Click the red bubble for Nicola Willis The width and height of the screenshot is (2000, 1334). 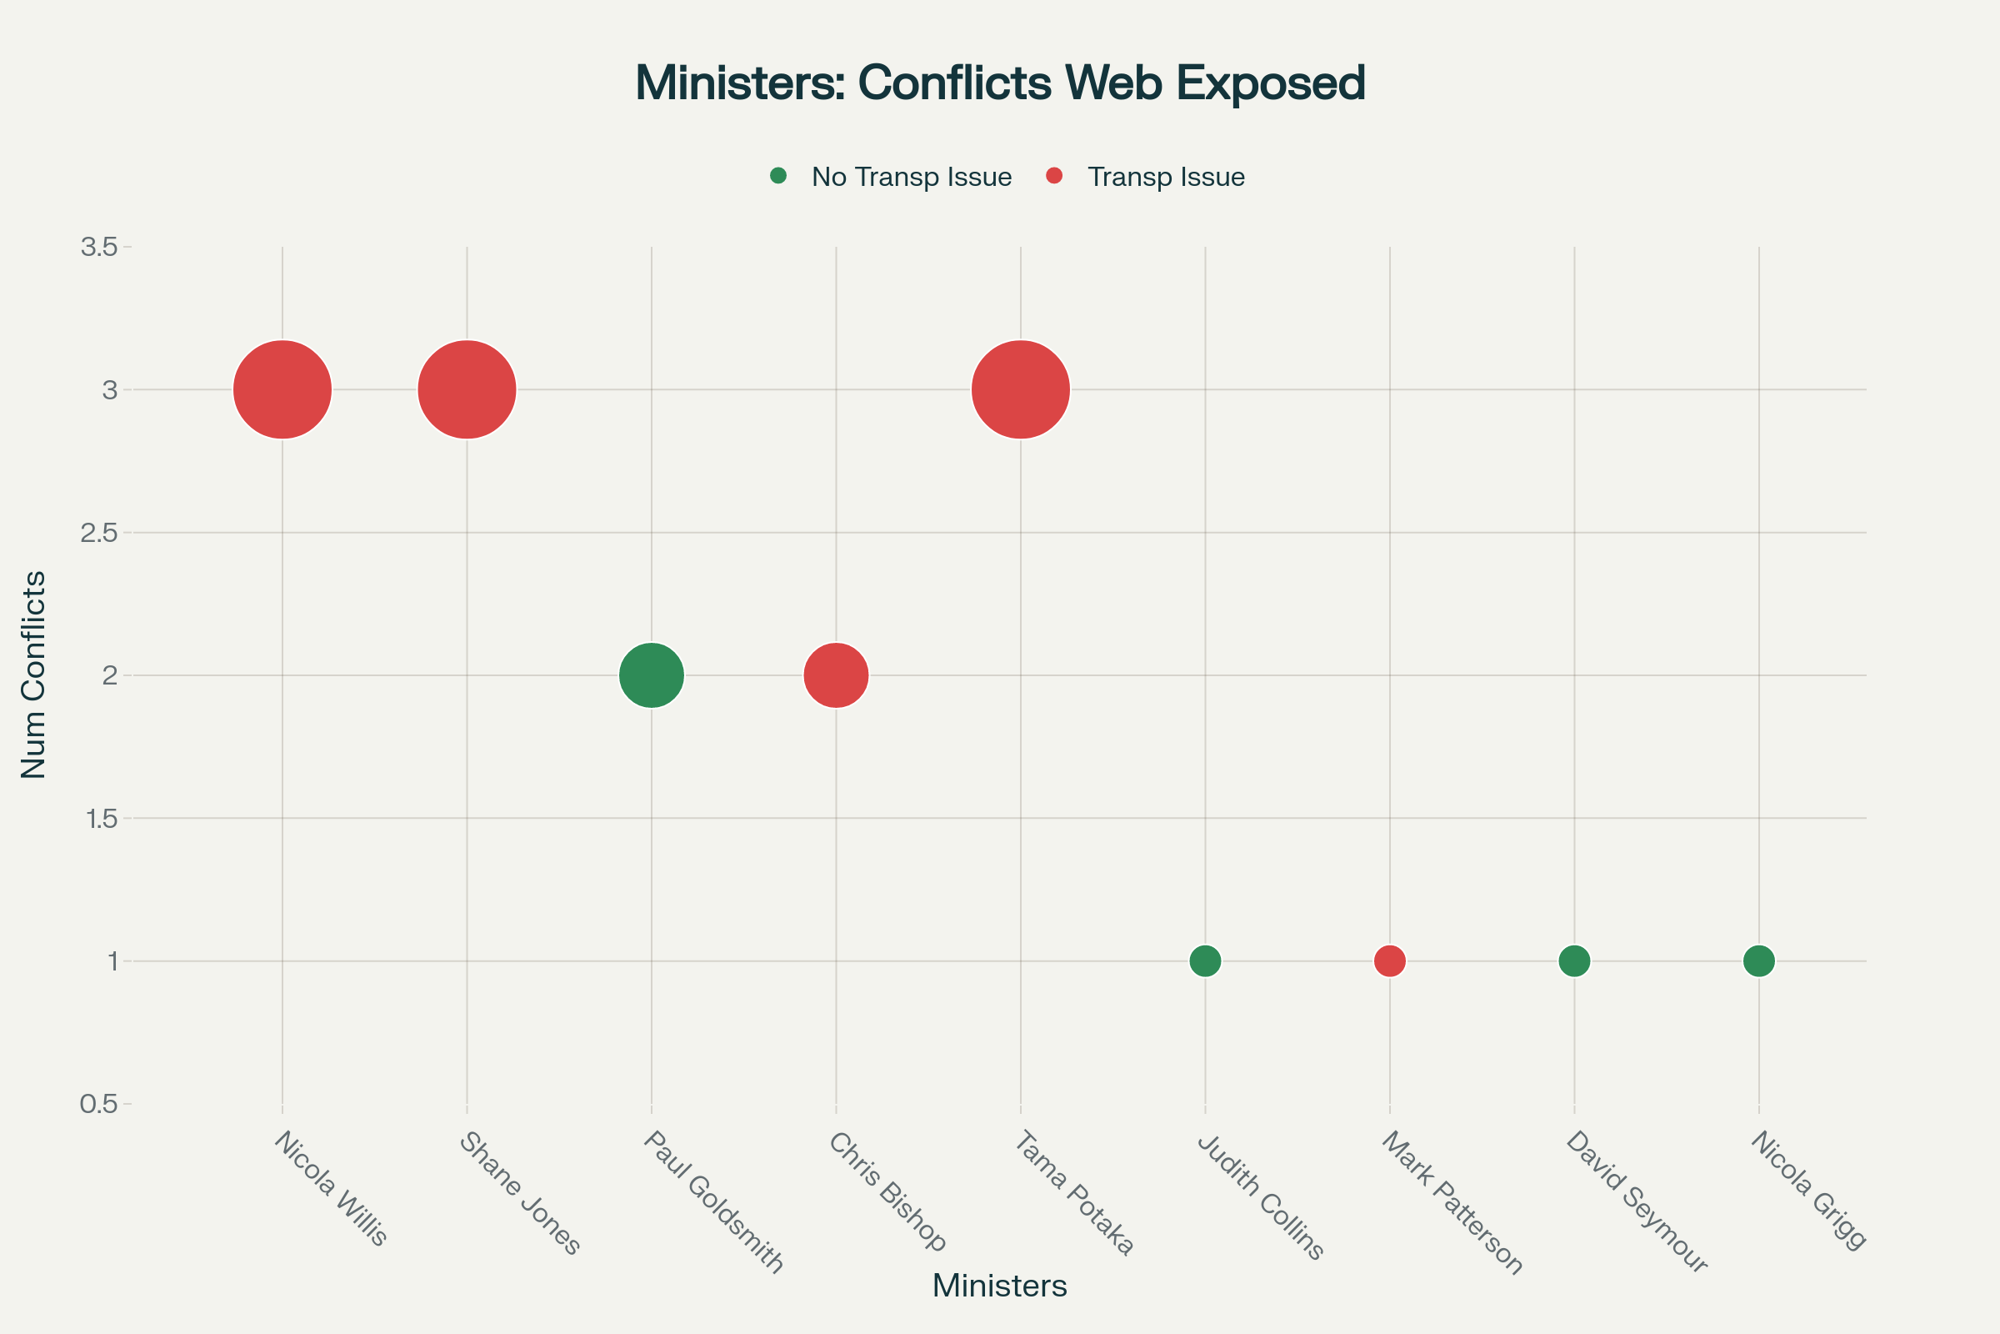(282, 389)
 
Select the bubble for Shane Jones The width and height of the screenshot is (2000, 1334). (467, 389)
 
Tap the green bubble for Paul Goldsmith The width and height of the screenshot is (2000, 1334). (652, 675)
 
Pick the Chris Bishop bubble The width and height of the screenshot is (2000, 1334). (836, 675)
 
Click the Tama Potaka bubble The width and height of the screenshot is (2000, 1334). (1020, 389)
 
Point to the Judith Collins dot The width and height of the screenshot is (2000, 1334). (1205, 961)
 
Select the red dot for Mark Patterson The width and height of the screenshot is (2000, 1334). (1389, 961)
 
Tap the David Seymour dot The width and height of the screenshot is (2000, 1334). (1574, 961)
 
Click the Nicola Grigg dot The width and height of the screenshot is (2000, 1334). (1758, 961)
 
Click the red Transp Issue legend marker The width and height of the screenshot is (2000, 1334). (1054, 176)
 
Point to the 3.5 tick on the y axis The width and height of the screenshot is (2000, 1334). (98, 248)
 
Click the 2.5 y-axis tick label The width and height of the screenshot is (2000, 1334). (98, 534)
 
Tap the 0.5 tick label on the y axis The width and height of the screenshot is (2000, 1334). (98, 1104)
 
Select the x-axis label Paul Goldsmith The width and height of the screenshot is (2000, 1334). (712, 1201)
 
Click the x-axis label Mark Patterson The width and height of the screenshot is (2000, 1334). (1452, 1201)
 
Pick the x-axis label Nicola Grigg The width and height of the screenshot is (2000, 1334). (1807, 1190)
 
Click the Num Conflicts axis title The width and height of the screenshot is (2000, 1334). (33, 675)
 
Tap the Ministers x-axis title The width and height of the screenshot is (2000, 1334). (999, 1286)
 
